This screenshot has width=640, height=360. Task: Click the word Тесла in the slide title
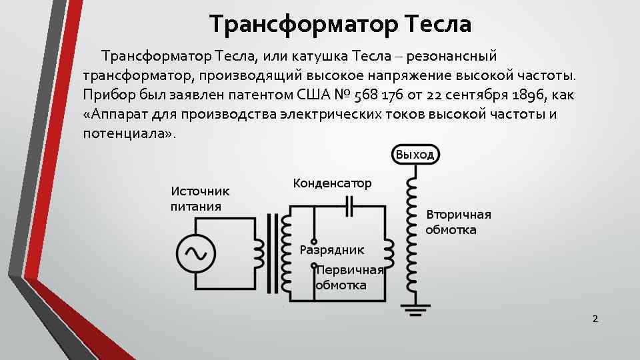(437, 25)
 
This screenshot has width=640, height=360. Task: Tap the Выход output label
(414, 155)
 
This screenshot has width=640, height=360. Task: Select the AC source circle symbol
(195, 253)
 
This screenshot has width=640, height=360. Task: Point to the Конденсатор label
(332, 183)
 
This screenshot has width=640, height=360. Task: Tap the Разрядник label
(332, 250)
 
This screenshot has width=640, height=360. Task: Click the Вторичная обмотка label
(459, 222)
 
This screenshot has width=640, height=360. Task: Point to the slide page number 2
(595, 319)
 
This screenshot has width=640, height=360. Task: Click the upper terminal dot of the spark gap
(314, 242)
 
